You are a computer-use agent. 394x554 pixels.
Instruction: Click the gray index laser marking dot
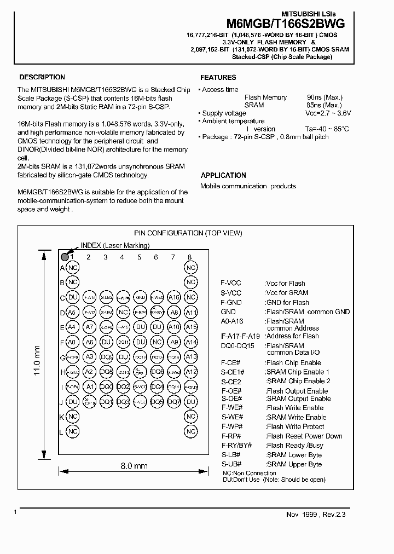pyautogui.click(x=65, y=256)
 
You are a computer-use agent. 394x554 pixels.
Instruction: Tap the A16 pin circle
pyautogui.click(x=173, y=297)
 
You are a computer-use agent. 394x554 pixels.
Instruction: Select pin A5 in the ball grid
pyautogui.click(x=72, y=313)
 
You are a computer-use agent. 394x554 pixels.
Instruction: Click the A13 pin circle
pyautogui.click(x=190, y=357)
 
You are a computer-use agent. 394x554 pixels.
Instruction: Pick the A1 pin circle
pyautogui.click(x=90, y=386)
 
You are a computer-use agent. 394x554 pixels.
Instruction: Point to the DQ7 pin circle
pyautogui.click(x=173, y=401)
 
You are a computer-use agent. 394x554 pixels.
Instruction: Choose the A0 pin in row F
pyautogui.click(x=72, y=342)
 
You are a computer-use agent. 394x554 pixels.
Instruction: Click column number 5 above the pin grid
pyautogui.click(x=140, y=257)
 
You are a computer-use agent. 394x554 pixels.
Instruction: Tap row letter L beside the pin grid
pyautogui.click(x=62, y=432)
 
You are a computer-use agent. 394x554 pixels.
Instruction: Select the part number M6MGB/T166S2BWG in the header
pyautogui.click(x=285, y=24)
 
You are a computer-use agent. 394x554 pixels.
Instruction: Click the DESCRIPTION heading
pyautogui.click(x=42, y=77)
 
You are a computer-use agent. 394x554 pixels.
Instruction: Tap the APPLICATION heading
pyautogui.click(x=223, y=175)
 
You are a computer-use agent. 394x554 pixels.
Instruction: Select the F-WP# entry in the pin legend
pyautogui.click(x=231, y=426)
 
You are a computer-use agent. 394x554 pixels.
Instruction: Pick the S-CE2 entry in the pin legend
pyautogui.click(x=231, y=381)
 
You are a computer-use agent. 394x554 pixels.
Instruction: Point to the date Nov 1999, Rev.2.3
pyautogui.click(x=316, y=514)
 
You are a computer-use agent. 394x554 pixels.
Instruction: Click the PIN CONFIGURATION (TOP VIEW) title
pyautogui.click(x=188, y=233)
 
